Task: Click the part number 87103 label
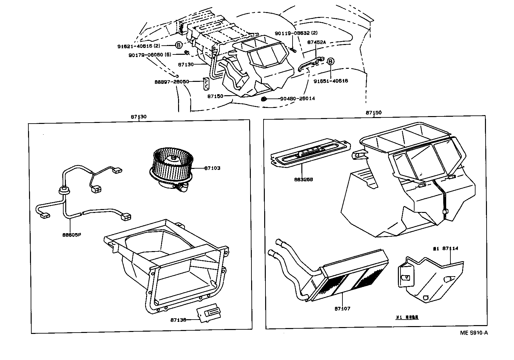[x=212, y=168]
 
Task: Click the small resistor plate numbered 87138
[x=208, y=314]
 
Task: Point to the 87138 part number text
[x=178, y=320]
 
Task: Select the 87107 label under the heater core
[x=342, y=308]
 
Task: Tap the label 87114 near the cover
[x=450, y=248]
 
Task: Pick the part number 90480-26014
[x=297, y=98]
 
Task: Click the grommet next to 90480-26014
[x=264, y=98]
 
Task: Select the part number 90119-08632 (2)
[x=296, y=33]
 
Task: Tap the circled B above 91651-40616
[x=330, y=61]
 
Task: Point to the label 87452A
[x=317, y=42]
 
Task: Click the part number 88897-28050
[x=172, y=82]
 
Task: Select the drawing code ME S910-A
[x=474, y=333]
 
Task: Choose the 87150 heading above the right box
[x=373, y=112]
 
